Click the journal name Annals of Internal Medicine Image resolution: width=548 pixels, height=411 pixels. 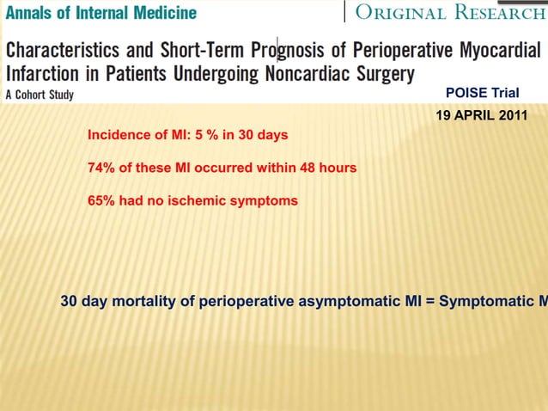click(x=100, y=13)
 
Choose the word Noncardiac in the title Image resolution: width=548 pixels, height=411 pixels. click(x=301, y=73)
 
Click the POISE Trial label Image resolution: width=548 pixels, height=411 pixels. click(x=483, y=93)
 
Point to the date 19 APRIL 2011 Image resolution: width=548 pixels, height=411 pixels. click(x=476, y=115)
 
